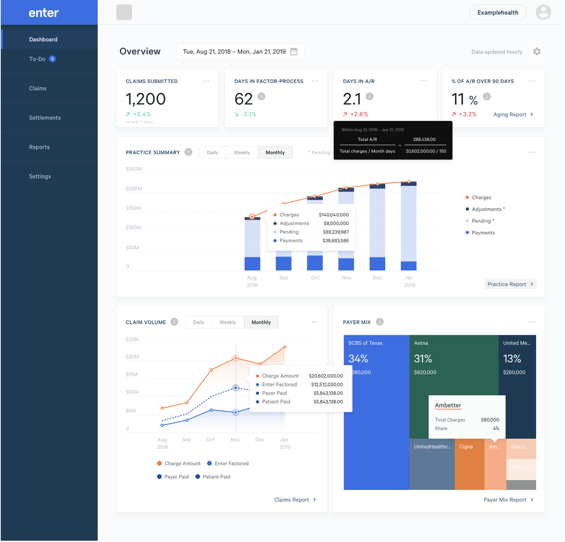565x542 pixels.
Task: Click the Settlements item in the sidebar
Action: [x=45, y=118]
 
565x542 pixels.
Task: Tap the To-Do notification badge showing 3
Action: [x=52, y=59]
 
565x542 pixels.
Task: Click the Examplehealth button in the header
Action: [x=498, y=12]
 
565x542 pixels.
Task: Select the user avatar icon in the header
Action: [x=543, y=12]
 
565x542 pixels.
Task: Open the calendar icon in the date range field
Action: [x=294, y=51]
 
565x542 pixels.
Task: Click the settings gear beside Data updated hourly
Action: [x=537, y=51]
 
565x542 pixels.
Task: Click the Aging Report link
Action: [x=513, y=115]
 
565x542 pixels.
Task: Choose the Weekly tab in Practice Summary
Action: [x=242, y=153]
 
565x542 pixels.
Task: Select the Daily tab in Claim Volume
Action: [x=198, y=322]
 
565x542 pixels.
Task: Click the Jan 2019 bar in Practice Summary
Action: [x=408, y=226]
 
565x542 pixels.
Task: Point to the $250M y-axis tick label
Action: [x=133, y=168]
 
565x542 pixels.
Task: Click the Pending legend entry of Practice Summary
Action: [x=483, y=221]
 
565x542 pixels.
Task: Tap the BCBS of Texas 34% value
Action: [x=358, y=358]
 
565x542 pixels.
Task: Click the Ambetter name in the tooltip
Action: [x=448, y=405]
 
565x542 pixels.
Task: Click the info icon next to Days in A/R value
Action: [x=370, y=97]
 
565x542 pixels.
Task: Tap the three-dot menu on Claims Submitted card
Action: [x=207, y=81]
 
